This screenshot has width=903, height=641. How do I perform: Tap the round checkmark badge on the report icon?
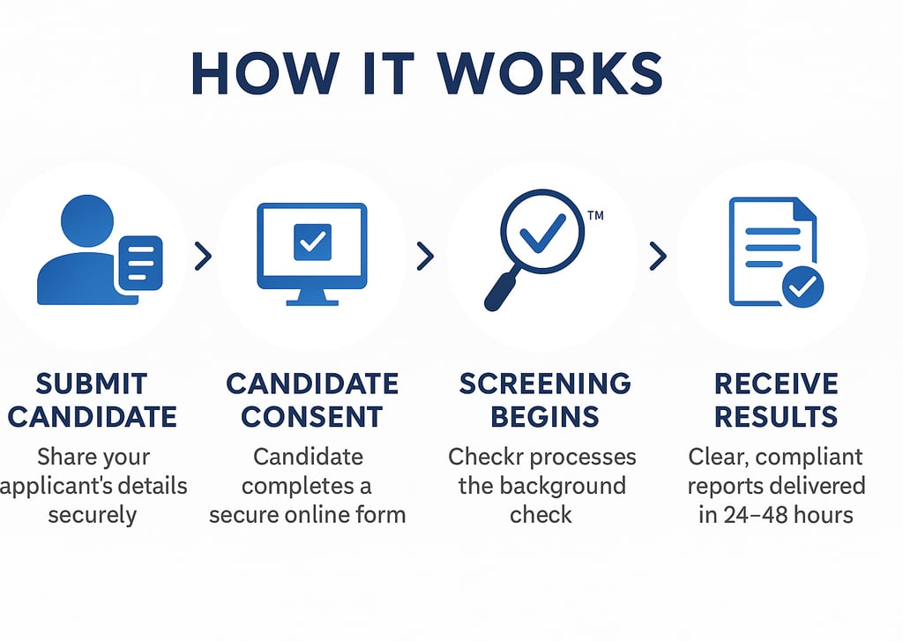803,287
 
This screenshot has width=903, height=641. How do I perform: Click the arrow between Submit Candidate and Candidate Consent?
203,257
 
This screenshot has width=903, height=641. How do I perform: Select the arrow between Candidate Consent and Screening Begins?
425,257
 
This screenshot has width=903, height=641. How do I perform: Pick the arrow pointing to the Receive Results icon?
657,257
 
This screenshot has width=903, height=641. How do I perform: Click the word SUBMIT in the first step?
92,384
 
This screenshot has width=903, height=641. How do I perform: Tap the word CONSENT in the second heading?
312,416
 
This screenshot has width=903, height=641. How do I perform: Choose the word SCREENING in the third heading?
545,384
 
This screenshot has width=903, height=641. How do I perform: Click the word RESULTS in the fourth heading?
776,416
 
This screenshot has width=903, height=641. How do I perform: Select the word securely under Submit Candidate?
93,515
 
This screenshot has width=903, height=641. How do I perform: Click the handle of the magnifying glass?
500,293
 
